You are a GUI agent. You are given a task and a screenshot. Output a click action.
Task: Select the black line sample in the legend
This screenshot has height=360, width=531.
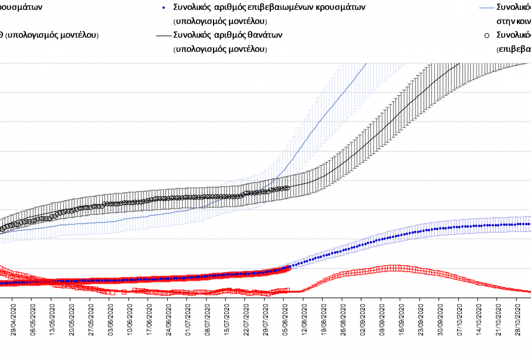pos(164,35)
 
